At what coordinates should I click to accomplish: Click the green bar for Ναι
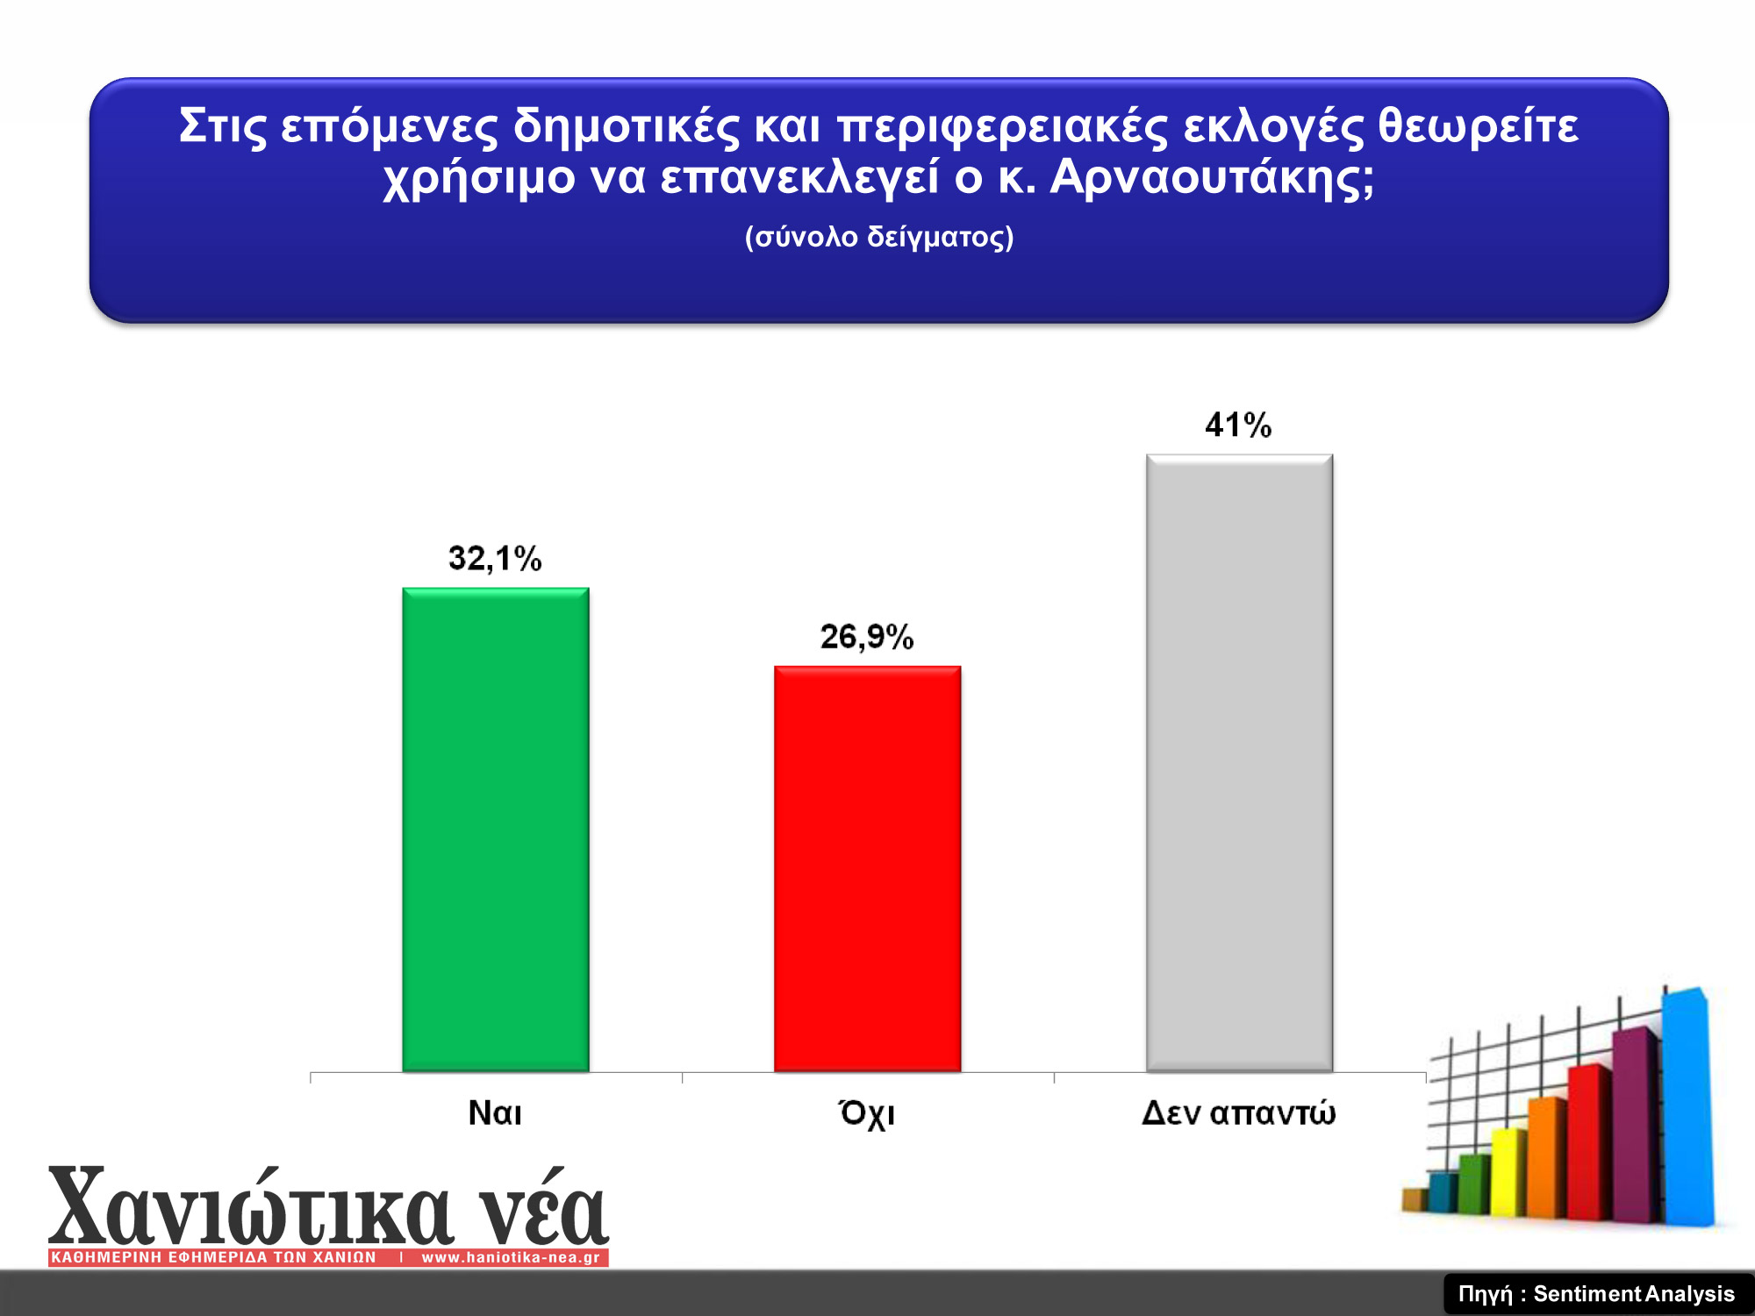tap(496, 830)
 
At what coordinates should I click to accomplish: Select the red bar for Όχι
tap(867, 869)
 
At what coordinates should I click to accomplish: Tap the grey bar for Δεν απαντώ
tap(1239, 763)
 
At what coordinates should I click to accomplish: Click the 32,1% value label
tap(495, 559)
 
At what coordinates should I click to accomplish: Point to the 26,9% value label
tap(867, 637)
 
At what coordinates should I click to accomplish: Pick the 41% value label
tap(1238, 426)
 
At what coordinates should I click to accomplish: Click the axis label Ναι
tap(495, 1113)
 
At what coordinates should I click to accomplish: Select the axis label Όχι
tap(867, 1114)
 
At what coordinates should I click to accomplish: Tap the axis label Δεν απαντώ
tap(1238, 1113)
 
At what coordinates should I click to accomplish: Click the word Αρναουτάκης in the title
tap(1212, 178)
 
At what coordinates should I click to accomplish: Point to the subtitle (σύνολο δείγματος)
tap(879, 237)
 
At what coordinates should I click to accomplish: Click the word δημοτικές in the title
tap(627, 126)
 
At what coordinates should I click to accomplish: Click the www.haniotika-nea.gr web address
tap(511, 1257)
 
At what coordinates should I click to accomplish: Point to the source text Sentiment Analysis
tap(1634, 1294)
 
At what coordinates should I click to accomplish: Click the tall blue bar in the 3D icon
tap(1687, 1107)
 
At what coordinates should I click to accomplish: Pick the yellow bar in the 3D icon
tap(1508, 1172)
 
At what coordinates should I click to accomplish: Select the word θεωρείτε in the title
tap(1478, 126)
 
